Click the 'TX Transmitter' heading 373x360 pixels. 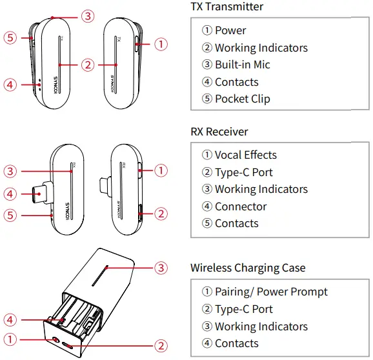(x=227, y=7)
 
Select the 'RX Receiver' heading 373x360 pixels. (x=219, y=132)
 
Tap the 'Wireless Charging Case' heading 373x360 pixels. (x=248, y=268)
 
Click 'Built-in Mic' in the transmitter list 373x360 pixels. (x=242, y=65)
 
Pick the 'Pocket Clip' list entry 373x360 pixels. (x=242, y=99)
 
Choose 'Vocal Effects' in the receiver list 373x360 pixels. (x=245, y=155)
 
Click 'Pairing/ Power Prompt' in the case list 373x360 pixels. (x=270, y=292)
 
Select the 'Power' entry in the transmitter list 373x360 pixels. (x=230, y=30)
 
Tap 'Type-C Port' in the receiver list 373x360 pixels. (x=243, y=172)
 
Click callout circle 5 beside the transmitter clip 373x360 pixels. (x=9, y=37)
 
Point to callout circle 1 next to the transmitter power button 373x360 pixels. (x=161, y=45)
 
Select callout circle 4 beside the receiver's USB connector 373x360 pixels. (x=9, y=193)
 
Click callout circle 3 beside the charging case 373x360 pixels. (x=161, y=266)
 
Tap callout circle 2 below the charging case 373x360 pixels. (x=161, y=345)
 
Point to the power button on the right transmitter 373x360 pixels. (x=137, y=45)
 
